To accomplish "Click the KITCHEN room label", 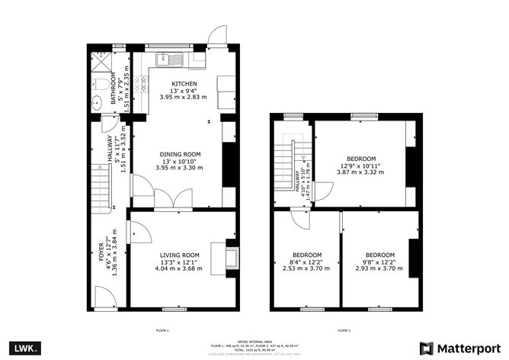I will pyautogui.click(x=184, y=84).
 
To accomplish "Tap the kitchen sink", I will pyautogui.click(x=168, y=58).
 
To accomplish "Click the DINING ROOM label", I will pyautogui.click(x=180, y=154).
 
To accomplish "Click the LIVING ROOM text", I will pyautogui.click(x=180, y=255).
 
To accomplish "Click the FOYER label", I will pyautogui.click(x=102, y=260).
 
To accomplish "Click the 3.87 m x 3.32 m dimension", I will pyautogui.click(x=360, y=172).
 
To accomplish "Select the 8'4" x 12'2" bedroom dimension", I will pyautogui.click(x=307, y=262).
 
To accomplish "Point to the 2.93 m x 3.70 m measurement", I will pyautogui.click(x=379, y=268).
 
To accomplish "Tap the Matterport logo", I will pyautogui.click(x=460, y=347).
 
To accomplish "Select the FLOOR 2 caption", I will pyautogui.click(x=344, y=330).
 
